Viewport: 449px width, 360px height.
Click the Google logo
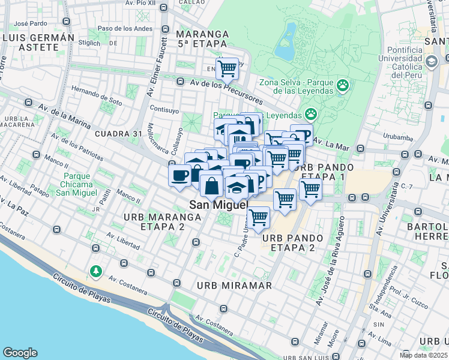(x=20, y=353)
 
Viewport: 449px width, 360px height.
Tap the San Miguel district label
(x=218, y=205)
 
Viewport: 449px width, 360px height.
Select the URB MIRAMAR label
(x=235, y=285)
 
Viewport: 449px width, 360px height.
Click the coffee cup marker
(x=179, y=176)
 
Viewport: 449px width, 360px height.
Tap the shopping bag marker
(x=211, y=185)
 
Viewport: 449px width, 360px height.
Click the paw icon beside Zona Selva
(x=343, y=86)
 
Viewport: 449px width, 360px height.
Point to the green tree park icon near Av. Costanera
(x=95, y=272)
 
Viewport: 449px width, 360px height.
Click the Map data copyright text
(x=423, y=355)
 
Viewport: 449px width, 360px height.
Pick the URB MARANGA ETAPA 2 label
(x=154, y=221)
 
